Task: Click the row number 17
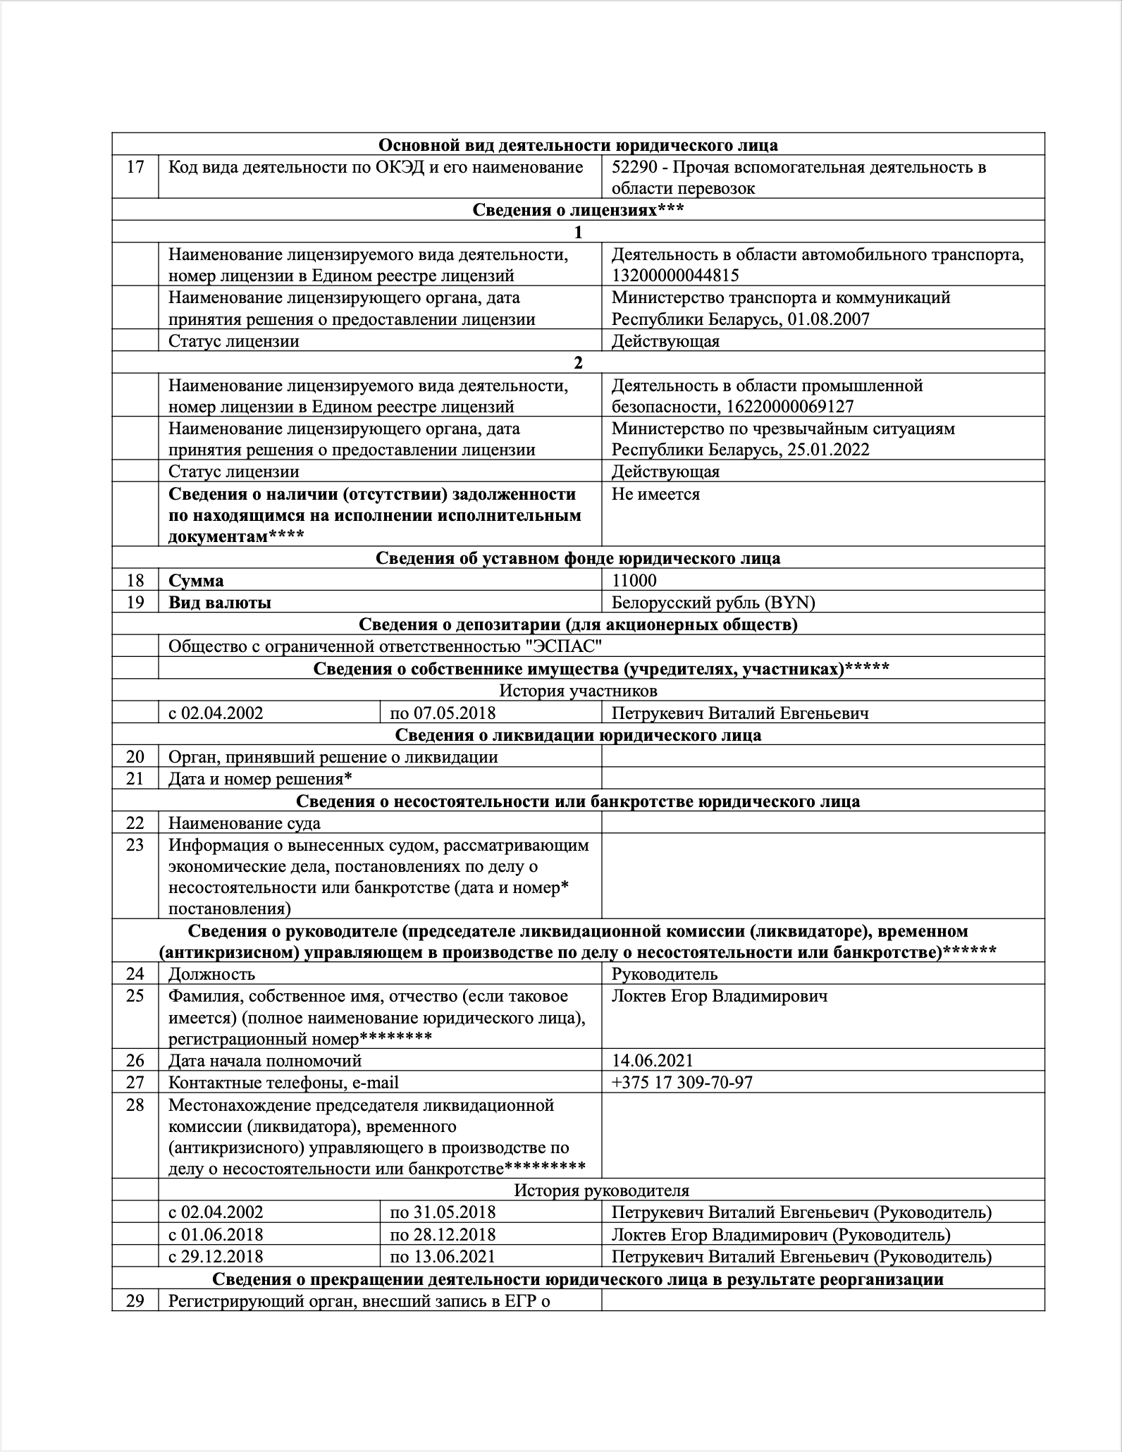(x=135, y=167)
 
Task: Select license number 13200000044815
(x=675, y=276)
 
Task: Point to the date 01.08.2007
(x=829, y=319)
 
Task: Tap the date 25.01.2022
(x=829, y=450)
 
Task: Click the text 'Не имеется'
(x=655, y=494)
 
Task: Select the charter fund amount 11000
(x=634, y=581)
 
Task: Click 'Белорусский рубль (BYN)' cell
(x=713, y=603)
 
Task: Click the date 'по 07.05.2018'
(x=443, y=713)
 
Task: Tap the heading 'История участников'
(x=578, y=691)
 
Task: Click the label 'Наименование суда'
(x=244, y=823)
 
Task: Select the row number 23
(x=135, y=844)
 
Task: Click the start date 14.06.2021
(x=653, y=1060)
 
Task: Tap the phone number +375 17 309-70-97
(x=682, y=1082)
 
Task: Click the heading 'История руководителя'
(x=601, y=1190)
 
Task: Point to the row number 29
(x=135, y=1300)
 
